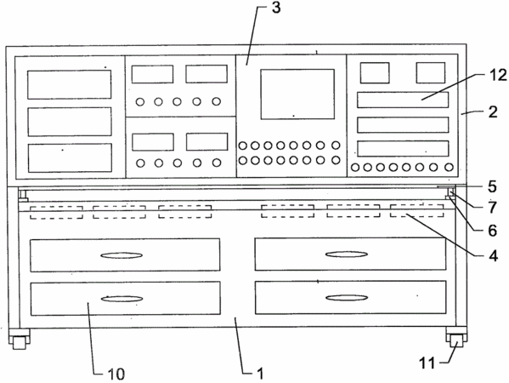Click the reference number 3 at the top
pos(276,7)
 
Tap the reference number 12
pos(498,76)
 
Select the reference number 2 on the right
pos(493,112)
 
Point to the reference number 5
pos(493,186)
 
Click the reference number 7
pos(493,208)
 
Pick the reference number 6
pos(493,231)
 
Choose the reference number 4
pos(493,256)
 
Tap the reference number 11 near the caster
pos(427,363)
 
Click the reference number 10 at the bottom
pos(116,374)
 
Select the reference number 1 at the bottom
pos(260,374)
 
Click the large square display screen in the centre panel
pos(297,94)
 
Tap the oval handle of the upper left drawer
pos(122,255)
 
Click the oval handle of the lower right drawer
pos(347,298)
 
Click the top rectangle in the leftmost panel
pos(70,84)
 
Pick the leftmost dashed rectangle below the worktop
pos(56,212)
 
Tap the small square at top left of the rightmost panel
pos(375,73)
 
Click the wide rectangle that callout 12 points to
pos(403,100)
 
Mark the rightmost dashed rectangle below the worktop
pos(417,211)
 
